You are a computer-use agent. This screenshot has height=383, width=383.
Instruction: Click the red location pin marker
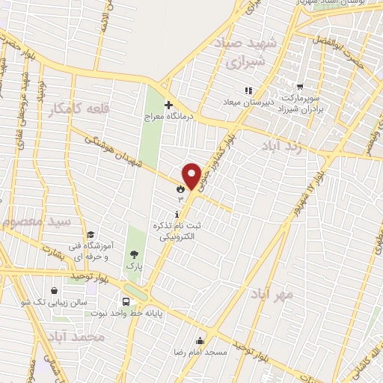(192, 175)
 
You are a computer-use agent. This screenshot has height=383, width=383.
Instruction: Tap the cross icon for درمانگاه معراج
(168, 105)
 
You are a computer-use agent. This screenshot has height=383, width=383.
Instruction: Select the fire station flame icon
(180, 190)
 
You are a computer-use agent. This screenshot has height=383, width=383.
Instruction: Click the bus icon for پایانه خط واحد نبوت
(125, 303)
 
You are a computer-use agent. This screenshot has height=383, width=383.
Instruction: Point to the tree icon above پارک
(134, 254)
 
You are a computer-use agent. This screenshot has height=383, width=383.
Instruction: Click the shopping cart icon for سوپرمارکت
(300, 87)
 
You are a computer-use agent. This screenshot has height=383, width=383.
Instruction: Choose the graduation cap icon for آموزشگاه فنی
(91, 236)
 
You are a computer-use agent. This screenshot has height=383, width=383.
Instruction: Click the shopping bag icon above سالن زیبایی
(55, 291)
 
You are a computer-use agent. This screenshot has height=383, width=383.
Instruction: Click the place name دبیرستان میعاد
(250, 102)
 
